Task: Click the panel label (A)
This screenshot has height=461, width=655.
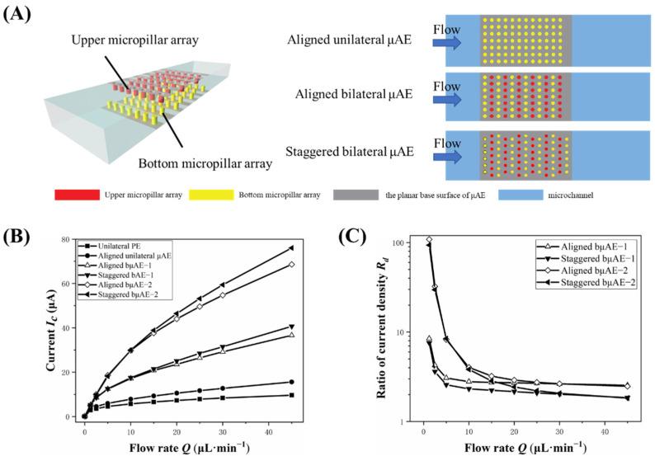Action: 19,14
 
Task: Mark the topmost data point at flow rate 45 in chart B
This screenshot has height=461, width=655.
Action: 314,247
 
